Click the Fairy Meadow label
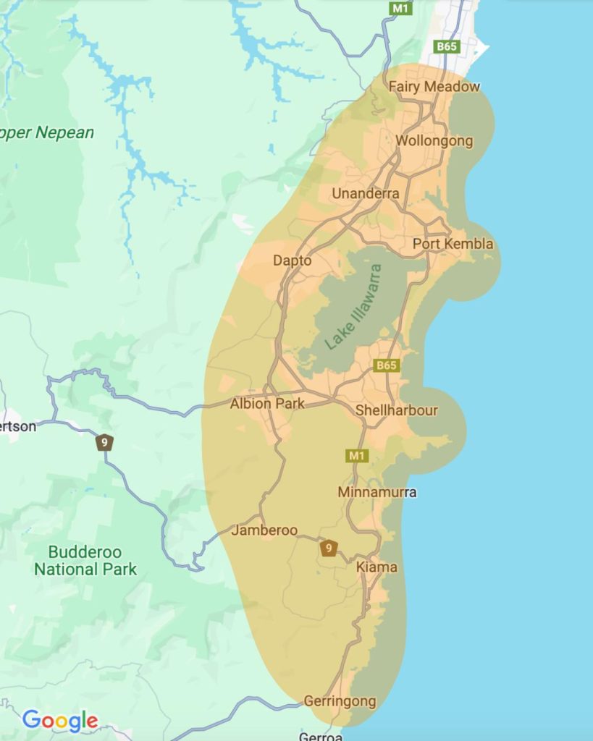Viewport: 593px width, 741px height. click(x=434, y=87)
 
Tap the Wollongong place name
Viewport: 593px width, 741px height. click(x=434, y=140)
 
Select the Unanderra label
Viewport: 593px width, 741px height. click(x=365, y=193)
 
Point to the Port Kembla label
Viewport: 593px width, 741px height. click(x=453, y=244)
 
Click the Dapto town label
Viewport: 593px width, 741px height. click(x=293, y=261)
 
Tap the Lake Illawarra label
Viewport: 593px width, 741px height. click(x=353, y=307)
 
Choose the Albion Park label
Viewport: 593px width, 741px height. click(x=267, y=404)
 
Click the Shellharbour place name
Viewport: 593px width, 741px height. click(x=397, y=410)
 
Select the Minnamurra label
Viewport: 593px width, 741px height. click(x=377, y=492)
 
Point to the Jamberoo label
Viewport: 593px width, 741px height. click(x=264, y=530)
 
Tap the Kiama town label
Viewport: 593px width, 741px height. click(x=377, y=567)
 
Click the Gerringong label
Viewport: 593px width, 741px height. click(x=340, y=701)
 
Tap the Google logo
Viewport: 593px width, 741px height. click(x=60, y=720)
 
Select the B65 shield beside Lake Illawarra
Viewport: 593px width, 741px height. click(x=386, y=365)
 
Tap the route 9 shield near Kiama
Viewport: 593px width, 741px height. click(x=329, y=549)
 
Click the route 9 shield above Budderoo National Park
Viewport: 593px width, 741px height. click(x=105, y=441)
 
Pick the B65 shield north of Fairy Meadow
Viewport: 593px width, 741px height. click(x=447, y=46)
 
